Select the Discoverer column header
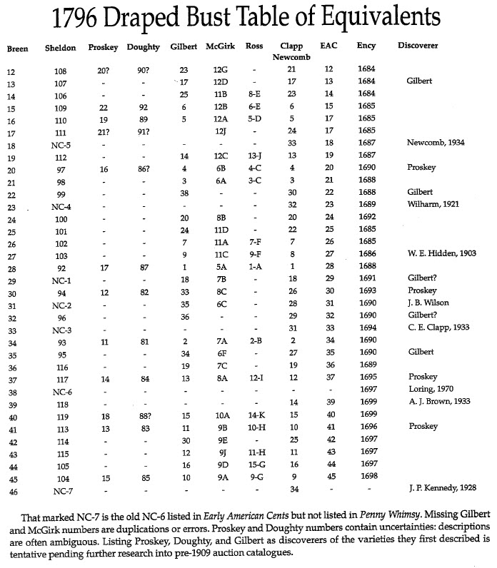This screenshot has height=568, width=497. pyautogui.click(x=418, y=46)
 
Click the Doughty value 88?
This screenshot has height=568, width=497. pyautogui.click(x=144, y=415)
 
